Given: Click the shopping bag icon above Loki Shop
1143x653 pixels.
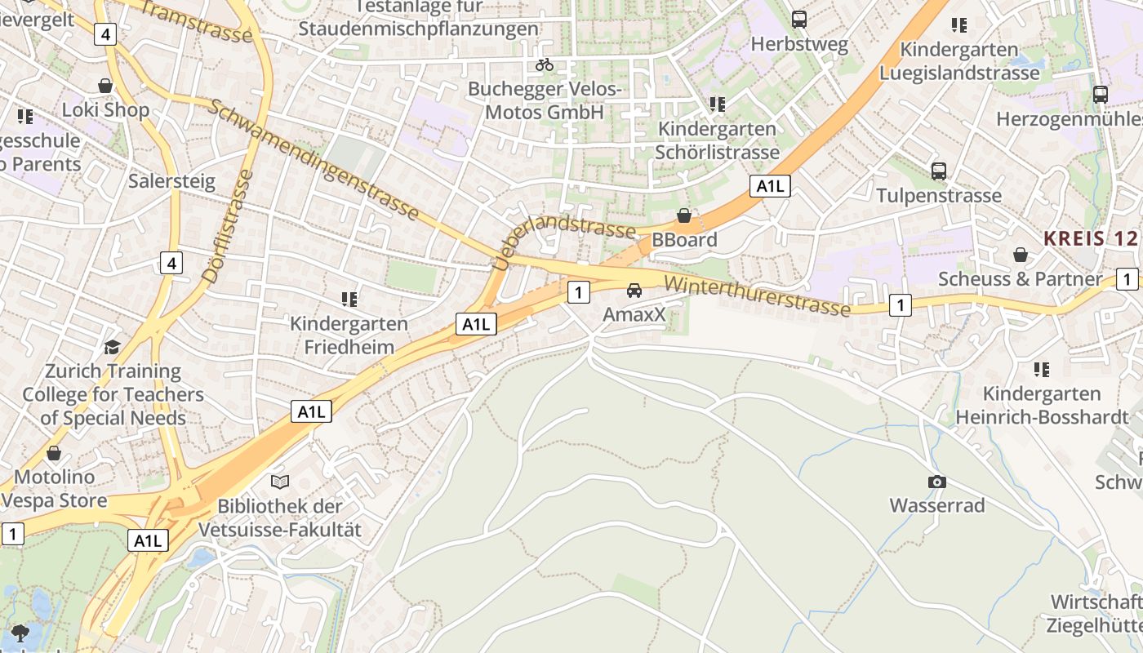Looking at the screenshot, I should point(105,85).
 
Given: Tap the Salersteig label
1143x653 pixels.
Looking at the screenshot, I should point(171,180).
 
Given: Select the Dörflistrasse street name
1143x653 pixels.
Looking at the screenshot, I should point(229,226).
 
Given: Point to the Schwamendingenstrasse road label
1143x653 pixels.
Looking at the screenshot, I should point(314,160).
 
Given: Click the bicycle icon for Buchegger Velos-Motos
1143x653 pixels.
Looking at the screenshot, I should point(545,64).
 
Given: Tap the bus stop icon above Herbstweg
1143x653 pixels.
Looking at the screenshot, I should point(799,19).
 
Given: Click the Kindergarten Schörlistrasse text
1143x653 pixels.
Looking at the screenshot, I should point(717,140).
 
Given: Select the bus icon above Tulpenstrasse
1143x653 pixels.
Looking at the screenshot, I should point(939,171).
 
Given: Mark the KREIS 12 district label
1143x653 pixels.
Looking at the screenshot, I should point(1091,238).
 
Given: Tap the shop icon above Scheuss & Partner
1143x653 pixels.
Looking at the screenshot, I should point(1021,255).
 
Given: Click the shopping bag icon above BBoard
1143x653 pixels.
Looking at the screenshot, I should point(684,215).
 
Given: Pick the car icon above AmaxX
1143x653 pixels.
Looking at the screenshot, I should point(634,290).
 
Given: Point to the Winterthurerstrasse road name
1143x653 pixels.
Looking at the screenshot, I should point(757,295).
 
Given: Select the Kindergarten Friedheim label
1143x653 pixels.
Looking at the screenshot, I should point(349,335).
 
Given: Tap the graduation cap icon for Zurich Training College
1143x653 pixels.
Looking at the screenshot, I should point(113,347).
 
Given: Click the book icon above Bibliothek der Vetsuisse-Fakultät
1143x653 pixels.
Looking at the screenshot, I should point(280,482).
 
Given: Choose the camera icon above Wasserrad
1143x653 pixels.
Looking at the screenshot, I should point(937,482).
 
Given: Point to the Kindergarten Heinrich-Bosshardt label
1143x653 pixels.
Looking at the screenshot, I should point(1041,405).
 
